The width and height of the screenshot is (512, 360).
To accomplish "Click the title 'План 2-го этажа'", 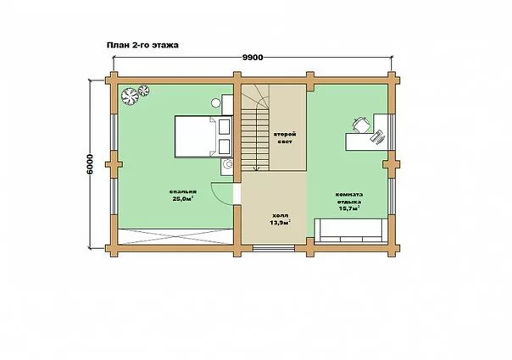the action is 142,45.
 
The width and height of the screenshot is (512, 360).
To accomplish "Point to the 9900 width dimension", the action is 253,58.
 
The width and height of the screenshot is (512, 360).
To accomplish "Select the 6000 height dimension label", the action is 90,164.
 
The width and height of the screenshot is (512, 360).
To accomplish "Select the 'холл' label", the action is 281,216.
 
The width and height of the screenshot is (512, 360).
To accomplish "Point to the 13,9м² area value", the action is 281,223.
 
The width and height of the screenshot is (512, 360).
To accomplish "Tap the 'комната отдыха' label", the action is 349,198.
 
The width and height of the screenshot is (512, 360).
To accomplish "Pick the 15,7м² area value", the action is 349,208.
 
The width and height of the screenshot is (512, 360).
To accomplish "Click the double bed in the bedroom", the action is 203,136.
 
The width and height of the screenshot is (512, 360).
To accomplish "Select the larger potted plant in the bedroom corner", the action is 130,97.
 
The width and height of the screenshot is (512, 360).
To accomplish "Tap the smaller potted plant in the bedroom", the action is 143,90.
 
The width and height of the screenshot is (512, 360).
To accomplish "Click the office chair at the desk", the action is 361,125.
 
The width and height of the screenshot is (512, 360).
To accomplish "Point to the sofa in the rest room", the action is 350,230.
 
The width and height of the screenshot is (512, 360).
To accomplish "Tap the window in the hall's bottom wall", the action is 274,248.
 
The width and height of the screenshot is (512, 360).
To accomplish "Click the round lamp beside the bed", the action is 215,103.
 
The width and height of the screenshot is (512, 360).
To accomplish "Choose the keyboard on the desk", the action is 378,136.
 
